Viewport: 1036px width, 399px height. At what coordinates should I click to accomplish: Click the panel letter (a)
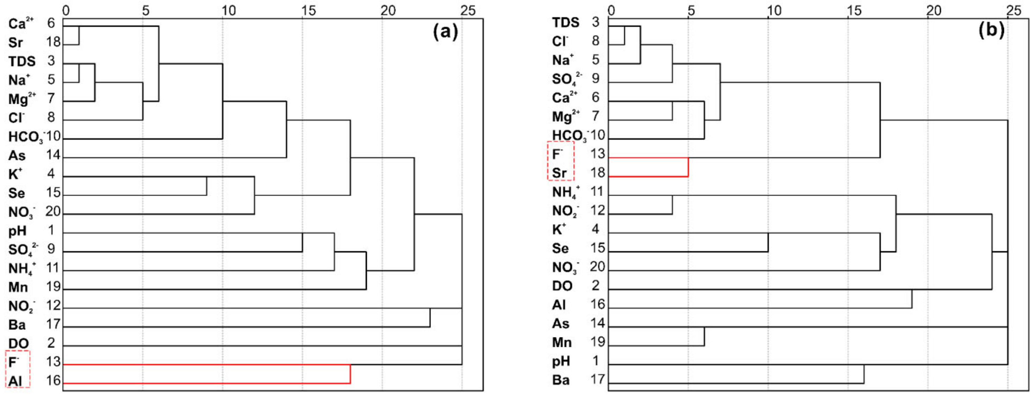445,31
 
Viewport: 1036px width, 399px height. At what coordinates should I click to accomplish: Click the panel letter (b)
991,30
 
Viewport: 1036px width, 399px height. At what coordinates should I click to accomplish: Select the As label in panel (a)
17,156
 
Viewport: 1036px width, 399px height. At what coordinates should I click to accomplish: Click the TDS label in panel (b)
565,23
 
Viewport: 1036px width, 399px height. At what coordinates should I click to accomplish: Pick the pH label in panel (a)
17,231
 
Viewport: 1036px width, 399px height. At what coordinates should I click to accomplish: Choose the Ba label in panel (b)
561,380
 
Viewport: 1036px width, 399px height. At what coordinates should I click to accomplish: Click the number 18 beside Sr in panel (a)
53,42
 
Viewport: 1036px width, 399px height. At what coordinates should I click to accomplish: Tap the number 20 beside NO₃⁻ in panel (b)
597,266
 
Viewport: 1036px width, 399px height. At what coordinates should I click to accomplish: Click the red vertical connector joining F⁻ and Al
350,374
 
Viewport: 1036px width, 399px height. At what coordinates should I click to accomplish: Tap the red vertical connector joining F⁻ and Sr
688,167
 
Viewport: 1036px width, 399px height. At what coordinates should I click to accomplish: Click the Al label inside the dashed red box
15,380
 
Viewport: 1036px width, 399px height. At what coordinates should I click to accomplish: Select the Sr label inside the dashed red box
559,173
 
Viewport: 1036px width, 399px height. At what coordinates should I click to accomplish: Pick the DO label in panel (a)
19,343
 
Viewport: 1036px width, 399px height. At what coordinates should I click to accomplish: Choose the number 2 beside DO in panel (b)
595,285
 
